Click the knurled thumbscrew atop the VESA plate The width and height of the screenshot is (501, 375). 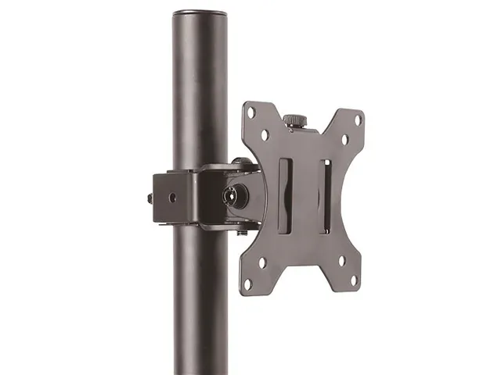pyautogui.click(x=294, y=120)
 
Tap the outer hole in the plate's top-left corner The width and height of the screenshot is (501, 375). pyautogui.click(x=251, y=112)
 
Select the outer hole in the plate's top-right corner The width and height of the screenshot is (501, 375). pyautogui.click(x=358, y=120)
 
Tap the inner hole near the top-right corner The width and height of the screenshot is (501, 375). pyautogui.click(x=344, y=141)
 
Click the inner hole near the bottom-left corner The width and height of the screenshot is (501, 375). pyautogui.click(x=263, y=262)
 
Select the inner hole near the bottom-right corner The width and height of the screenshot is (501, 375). pyautogui.click(x=341, y=262)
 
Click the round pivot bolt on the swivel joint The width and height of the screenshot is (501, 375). pyautogui.click(x=234, y=196)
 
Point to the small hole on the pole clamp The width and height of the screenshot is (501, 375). pyautogui.click(x=172, y=197)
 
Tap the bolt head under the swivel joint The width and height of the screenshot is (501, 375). pyautogui.click(x=242, y=230)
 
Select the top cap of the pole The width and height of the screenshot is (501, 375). pyautogui.click(x=200, y=13)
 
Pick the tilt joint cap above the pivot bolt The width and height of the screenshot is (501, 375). pyautogui.click(x=243, y=163)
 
